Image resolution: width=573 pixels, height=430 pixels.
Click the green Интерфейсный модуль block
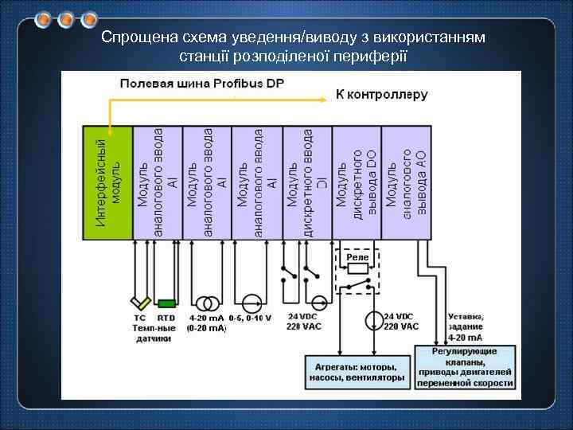coord(109,182)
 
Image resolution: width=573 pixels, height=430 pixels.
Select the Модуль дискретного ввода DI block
coord(307,182)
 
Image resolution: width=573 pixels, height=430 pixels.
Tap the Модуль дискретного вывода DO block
coord(358,182)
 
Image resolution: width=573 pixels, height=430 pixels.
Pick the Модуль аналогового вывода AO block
coord(407,182)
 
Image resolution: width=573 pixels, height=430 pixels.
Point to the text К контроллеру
coord(381,94)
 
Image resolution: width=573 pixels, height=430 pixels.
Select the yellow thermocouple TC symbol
coord(140,303)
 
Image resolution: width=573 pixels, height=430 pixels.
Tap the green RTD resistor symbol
coord(166,303)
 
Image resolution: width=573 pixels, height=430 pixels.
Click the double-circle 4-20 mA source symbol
coord(209,303)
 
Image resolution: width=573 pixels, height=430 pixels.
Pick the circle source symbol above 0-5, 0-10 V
coord(251,303)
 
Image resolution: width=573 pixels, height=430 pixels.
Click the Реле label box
coord(357,258)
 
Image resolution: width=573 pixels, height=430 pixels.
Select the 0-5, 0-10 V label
coord(250,319)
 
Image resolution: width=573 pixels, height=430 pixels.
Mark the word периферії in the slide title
coord(371,56)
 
